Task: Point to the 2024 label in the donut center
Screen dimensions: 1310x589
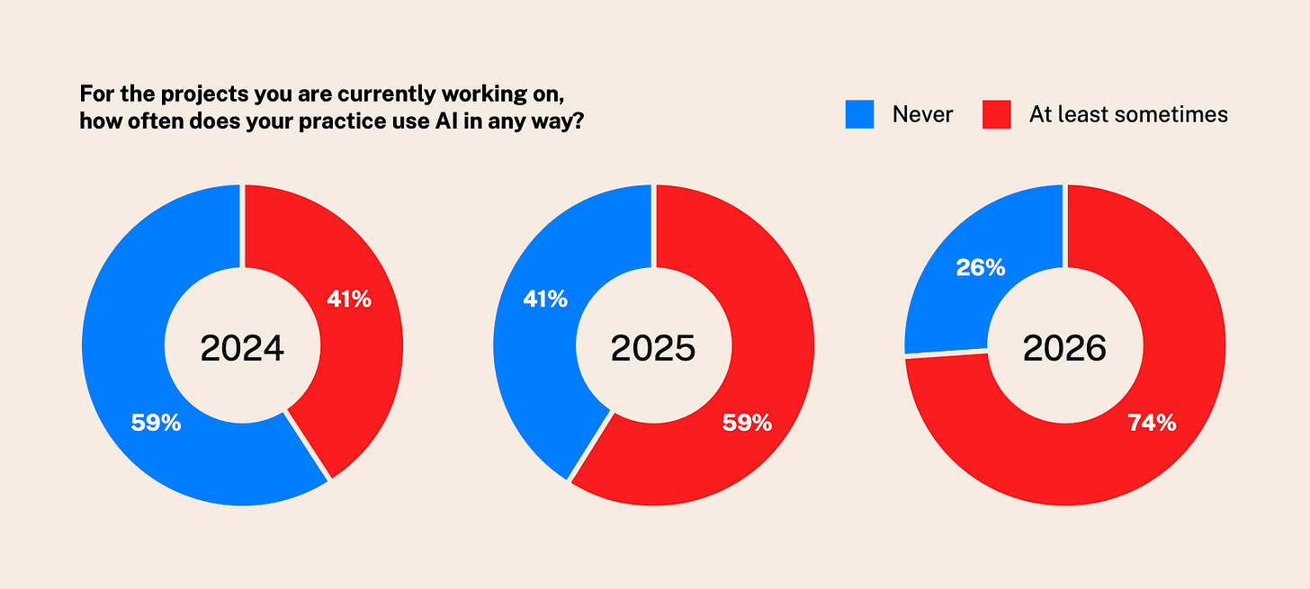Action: pyautogui.click(x=242, y=348)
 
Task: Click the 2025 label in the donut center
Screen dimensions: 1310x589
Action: pyautogui.click(x=653, y=348)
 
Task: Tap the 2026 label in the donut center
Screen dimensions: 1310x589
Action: pyautogui.click(x=1064, y=348)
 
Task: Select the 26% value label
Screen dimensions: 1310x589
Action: pyautogui.click(x=981, y=268)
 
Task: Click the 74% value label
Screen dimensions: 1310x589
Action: pyautogui.click(x=1152, y=423)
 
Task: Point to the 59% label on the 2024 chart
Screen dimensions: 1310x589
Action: pyautogui.click(x=157, y=423)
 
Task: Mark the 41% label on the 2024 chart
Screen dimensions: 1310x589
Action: pyautogui.click(x=349, y=299)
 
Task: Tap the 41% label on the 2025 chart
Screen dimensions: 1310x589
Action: pyautogui.click(x=545, y=299)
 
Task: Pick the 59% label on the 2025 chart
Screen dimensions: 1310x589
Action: pyautogui.click(x=748, y=423)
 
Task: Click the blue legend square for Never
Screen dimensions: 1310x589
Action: pyautogui.click(x=860, y=114)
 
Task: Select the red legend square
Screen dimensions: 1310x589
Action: pyautogui.click(x=997, y=114)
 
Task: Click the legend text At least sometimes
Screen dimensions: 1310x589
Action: pyautogui.click(x=1128, y=114)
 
